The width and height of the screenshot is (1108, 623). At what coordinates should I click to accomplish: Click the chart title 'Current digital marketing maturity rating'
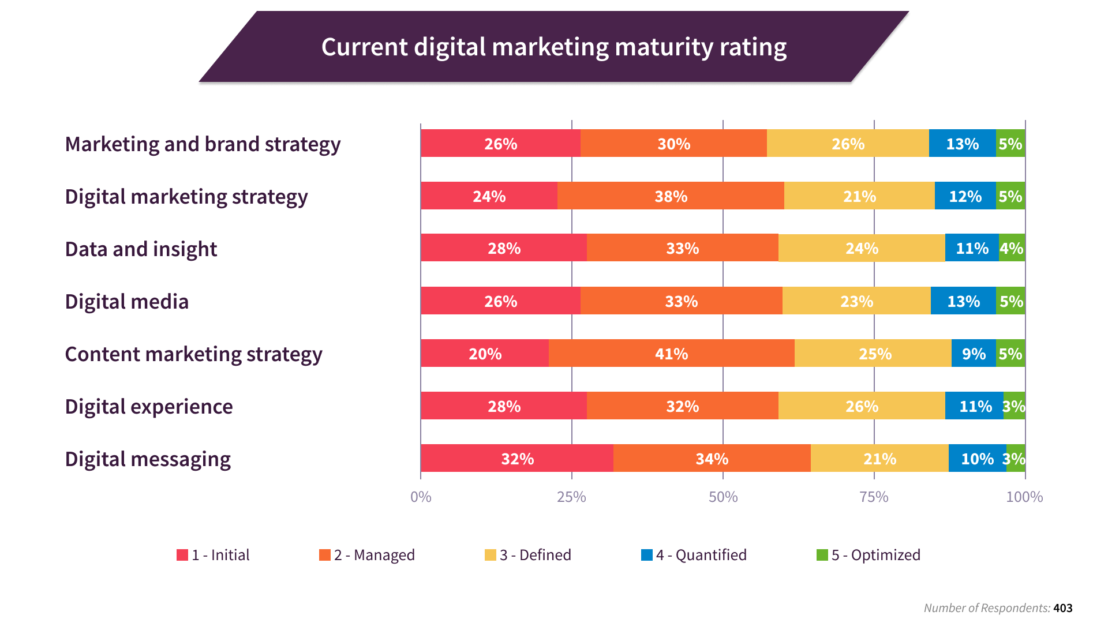click(553, 47)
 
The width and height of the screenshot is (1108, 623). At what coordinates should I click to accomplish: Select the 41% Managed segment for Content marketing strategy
click(671, 354)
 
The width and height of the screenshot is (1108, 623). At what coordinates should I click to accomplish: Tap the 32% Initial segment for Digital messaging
click(517, 459)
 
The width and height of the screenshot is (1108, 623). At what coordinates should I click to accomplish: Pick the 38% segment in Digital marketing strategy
click(671, 196)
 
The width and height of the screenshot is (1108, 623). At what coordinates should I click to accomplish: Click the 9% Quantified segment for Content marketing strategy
click(974, 354)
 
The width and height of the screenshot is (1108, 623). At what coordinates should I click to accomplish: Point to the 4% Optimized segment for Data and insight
click(1012, 248)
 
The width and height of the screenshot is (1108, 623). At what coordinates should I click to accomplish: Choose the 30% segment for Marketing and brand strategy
click(673, 144)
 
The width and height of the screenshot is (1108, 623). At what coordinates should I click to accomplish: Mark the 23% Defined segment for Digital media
click(856, 301)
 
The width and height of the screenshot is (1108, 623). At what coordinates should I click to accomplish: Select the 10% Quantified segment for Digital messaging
click(977, 459)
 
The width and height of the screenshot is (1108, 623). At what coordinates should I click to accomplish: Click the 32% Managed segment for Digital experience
click(682, 406)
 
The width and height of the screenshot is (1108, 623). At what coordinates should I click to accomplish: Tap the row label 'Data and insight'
click(141, 249)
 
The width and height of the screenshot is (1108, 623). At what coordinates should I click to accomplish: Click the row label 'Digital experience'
click(149, 407)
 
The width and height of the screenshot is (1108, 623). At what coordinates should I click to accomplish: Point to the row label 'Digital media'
click(127, 302)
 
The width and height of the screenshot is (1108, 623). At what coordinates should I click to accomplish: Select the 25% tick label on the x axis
click(571, 497)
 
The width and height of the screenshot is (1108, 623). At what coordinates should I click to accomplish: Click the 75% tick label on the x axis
click(874, 497)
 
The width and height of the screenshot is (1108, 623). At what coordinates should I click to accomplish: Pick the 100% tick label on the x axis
click(1024, 497)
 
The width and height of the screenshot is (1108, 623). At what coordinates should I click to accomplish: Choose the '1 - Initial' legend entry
click(214, 555)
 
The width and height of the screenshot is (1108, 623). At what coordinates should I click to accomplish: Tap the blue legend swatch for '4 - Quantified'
click(647, 555)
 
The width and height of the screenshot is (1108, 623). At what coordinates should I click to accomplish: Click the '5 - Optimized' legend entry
click(869, 555)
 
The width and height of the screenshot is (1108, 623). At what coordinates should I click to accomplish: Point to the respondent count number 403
click(1062, 608)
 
